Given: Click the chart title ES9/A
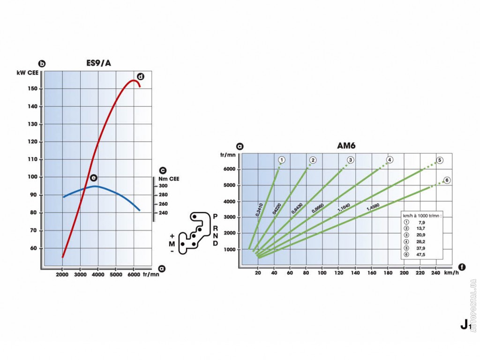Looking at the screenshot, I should (98, 63).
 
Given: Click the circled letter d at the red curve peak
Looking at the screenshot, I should (140, 76).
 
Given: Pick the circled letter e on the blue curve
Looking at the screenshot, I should (93, 178).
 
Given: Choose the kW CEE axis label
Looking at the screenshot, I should (28, 73).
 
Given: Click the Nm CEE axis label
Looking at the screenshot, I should (169, 178).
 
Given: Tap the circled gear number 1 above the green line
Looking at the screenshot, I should (282, 160).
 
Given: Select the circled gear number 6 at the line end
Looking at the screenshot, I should (447, 180).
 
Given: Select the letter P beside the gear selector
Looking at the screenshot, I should (215, 217).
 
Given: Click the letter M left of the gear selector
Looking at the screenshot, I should (172, 244).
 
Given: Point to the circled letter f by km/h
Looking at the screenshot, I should (462, 267).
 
